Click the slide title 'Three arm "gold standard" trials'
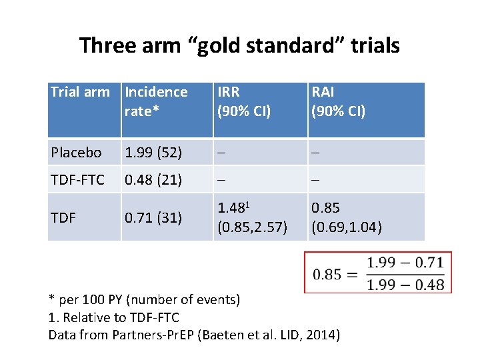click(x=239, y=45)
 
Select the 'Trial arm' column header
click(x=80, y=92)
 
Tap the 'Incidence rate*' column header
click(x=156, y=101)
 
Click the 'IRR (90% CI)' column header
click(x=244, y=101)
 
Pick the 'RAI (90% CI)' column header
click(x=339, y=101)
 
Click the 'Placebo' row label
click(x=76, y=153)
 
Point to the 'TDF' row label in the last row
click(x=63, y=217)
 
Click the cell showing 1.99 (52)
click(x=153, y=153)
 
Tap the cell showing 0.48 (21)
click(x=153, y=180)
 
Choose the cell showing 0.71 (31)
click(x=153, y=217)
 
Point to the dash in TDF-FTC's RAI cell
click(x=316, y=180)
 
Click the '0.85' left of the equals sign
click(x=327, y=273)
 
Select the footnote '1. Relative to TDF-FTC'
click(x=114, y=317)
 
